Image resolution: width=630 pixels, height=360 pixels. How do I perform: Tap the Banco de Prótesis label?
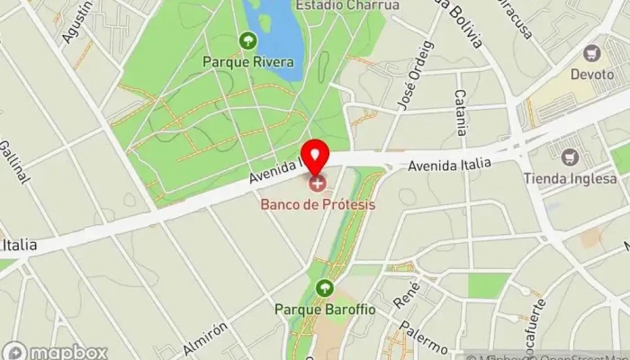[319, 204]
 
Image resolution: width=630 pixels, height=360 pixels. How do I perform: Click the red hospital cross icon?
[317, 184]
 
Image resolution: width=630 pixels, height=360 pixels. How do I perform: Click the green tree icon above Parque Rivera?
[247, 40]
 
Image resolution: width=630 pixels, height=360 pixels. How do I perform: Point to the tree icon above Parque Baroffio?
[324, 289]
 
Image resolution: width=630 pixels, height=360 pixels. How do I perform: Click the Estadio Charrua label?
[334, 4]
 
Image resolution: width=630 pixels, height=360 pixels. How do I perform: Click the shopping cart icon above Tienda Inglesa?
[569, 157]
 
